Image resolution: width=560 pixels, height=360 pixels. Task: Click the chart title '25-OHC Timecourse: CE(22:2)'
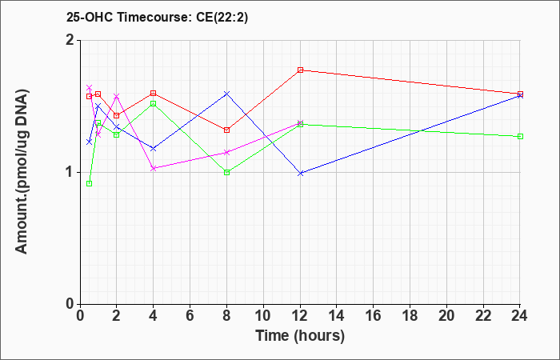click(x=157, y=17)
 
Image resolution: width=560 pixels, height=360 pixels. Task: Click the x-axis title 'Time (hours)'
click(x=300, y=336)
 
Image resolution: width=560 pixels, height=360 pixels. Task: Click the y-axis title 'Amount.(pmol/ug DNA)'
click(x=22, y=171)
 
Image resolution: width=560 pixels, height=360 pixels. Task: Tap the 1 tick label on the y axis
click(x=71, y=173)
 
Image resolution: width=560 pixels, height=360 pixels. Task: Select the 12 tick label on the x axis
click(x=300, y=316)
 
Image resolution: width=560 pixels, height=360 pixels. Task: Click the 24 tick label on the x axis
click(x=520, y=316)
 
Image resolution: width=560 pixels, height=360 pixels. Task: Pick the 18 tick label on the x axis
click(x=410, y=316)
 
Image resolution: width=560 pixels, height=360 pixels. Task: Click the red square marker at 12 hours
click(x=300, y=70)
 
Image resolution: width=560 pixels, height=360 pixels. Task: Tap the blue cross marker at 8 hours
click(x=226, y=94)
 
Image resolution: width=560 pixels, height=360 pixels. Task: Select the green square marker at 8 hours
click(x=226, y=173)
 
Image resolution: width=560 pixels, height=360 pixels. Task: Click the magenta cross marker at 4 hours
click(x=154, y=168)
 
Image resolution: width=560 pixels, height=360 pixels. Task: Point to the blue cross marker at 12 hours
click(x=300, y=174)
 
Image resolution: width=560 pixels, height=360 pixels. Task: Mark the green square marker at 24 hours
click(x=520, y=137)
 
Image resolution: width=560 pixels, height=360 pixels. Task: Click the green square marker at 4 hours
click(x=154, y=103)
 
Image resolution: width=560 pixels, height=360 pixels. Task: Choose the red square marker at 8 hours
click(x=226, y=130)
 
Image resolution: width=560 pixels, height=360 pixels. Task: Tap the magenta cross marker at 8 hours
click(x=226, y=153)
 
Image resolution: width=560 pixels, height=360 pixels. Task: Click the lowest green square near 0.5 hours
click(x=90, y=183)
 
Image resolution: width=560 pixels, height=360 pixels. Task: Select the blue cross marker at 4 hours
click(x=154, y=148)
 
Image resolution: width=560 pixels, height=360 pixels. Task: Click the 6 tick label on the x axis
click(x=190, y=316)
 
